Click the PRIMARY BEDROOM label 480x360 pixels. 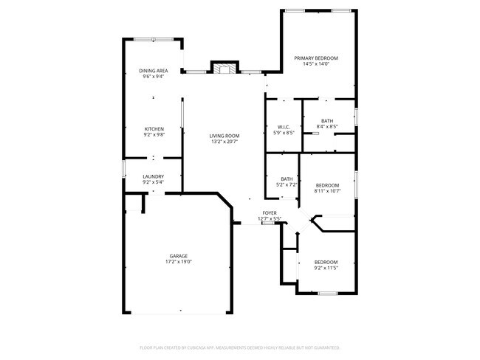[316, 58]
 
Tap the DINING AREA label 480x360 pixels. [154, 71]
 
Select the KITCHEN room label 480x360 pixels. [154, 129]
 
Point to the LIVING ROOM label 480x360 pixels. [224, 136]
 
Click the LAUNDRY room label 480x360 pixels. [154, 176]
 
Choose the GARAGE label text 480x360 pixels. [179, 256]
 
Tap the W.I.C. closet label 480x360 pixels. [284, 127]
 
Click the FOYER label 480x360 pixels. [270, 213]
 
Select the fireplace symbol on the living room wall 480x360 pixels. [225, 69]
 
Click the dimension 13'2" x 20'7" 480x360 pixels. [224, 142]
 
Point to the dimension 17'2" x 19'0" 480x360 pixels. [179, 262]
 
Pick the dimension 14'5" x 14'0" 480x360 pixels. [316, 64]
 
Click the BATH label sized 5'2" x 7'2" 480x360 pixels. [287, 179]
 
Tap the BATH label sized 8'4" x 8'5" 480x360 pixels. [327, 121]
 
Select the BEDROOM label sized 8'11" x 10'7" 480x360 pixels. [327, 185]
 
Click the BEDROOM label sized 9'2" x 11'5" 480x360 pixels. [326, 262]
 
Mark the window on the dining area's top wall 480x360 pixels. [154, 39]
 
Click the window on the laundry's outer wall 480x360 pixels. [123, 168]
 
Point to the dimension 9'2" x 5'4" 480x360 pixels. [154, 182]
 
